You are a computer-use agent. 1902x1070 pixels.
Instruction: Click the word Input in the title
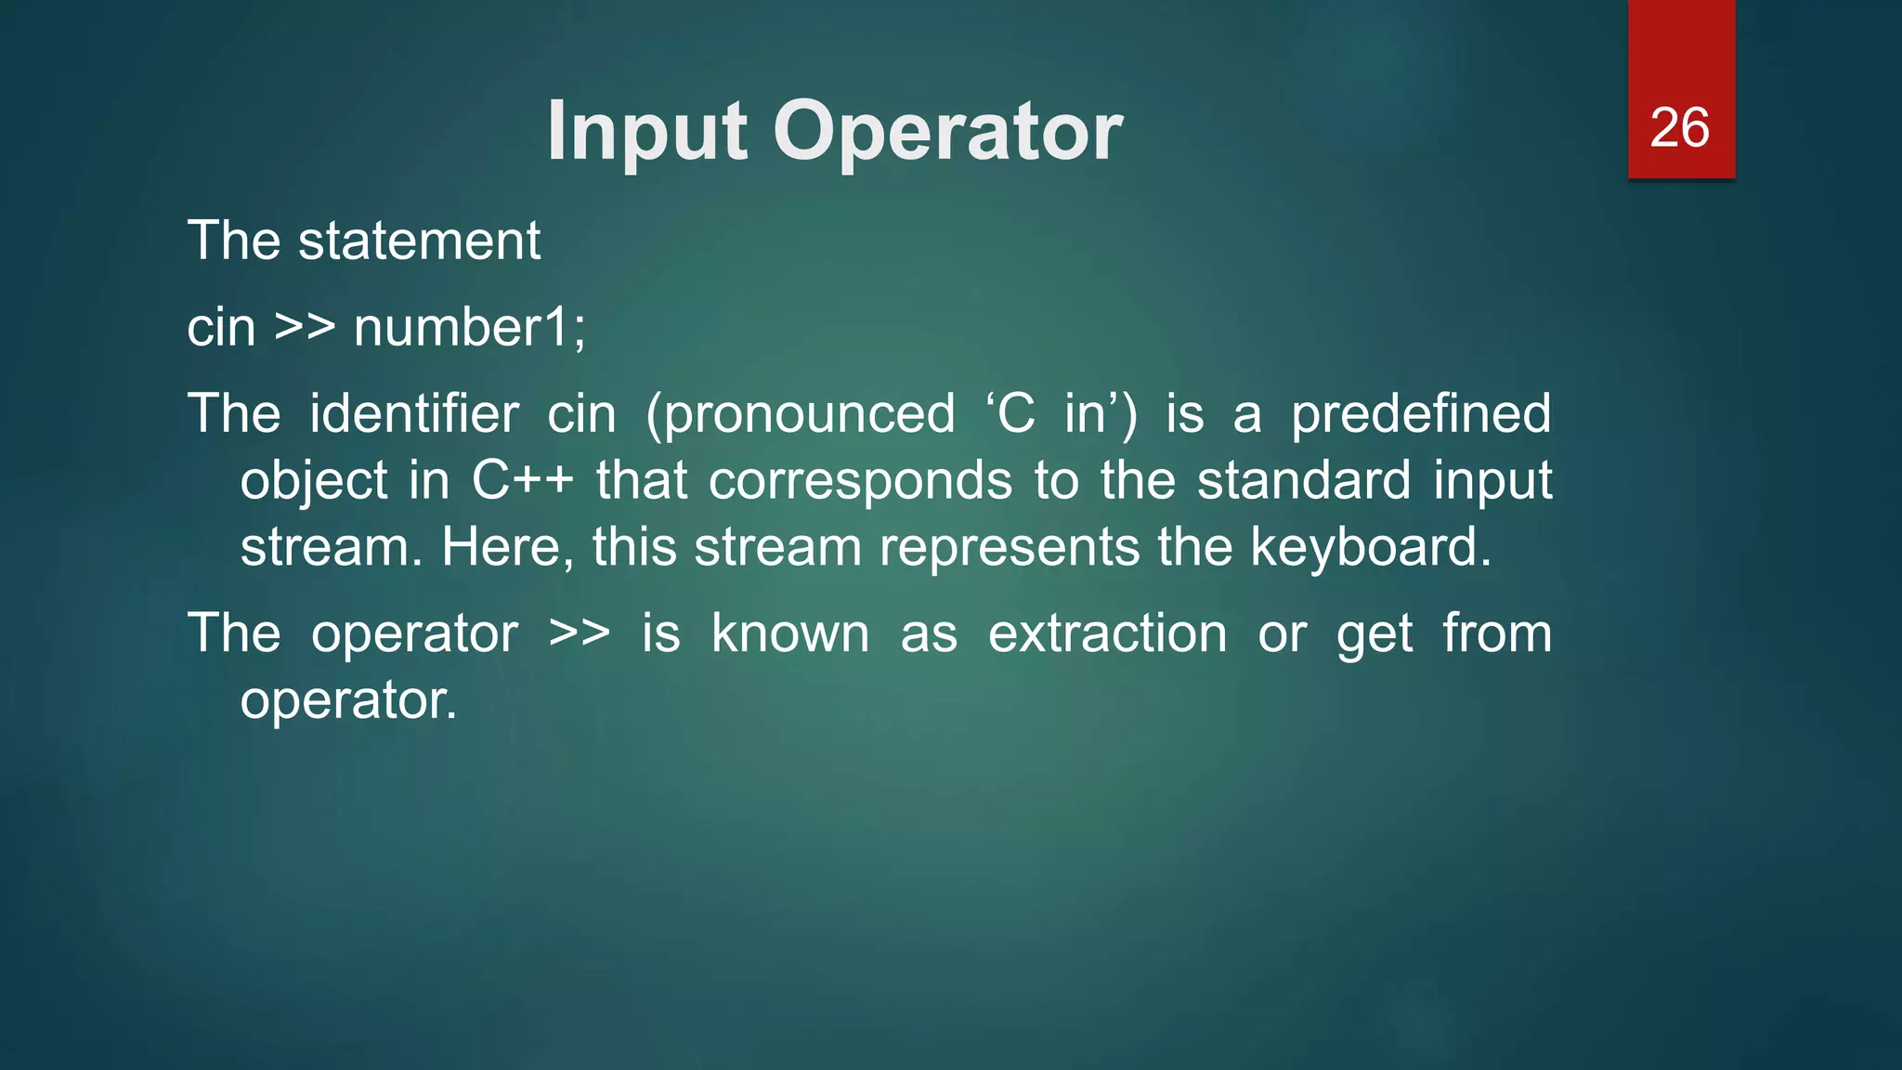647,133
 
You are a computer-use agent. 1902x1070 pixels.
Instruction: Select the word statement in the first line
419,241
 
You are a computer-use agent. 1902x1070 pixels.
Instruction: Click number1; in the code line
470,328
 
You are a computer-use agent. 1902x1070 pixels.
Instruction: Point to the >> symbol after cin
305,328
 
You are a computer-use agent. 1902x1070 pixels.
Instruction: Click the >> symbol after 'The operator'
580,634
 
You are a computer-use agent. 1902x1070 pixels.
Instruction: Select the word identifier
413,413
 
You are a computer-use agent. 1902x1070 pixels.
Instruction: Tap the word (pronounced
801,415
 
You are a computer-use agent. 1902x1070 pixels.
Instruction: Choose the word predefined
1421,415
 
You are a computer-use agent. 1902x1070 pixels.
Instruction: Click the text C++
522,481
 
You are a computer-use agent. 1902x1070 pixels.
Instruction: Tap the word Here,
507,548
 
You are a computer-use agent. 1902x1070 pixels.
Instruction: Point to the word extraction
1107,634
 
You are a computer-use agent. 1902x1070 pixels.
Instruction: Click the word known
790,634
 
